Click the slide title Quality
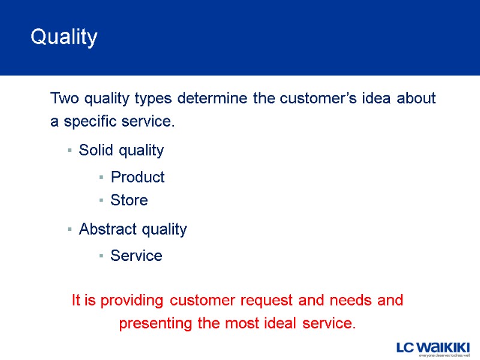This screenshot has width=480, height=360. pyautogui.click(x=64, y=37)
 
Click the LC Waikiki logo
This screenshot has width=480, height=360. pyautogui.click(x=433, y=349)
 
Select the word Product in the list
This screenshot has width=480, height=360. pyautogui.click(x=137, y=177)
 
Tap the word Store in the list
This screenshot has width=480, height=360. pyautogui.click(x=129, y=200)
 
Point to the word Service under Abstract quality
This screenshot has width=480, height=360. pyautogui.click(x=136, y=256)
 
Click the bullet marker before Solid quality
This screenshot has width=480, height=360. pyautogui.click(x=70, y=151)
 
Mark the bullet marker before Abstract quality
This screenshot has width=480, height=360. pyautogui.click(x=70, y=230)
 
